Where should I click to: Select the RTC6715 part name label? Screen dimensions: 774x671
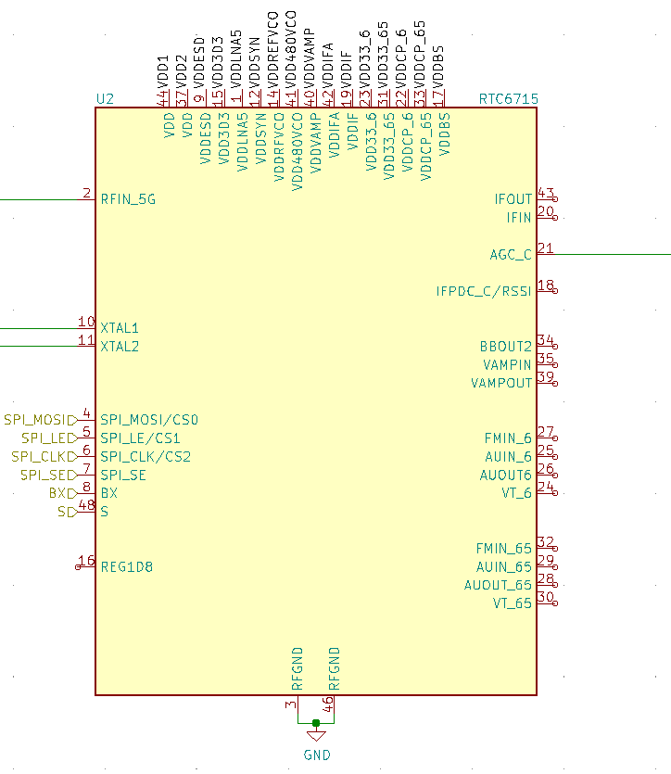(508, 98)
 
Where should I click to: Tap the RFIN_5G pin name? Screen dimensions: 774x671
(129, 198)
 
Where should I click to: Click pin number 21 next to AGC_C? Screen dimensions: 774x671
(545, 248)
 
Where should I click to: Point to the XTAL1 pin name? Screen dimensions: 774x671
(120, 328)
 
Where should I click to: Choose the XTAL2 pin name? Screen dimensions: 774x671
(120, 347)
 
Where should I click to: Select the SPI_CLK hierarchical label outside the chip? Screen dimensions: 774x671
(40, 456)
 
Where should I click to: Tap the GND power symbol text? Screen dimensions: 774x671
(317, 755)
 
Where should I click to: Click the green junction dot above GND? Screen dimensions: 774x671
(316, 722)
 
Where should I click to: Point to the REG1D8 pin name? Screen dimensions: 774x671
(126, 566)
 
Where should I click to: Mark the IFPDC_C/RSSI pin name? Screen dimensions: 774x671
(484, 291)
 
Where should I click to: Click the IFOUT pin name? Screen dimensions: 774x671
(513, 199)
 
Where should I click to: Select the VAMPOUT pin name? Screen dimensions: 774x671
(501, 383)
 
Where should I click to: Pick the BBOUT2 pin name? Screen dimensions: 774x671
(506, 347)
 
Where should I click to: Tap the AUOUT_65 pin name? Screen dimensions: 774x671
(498, 585)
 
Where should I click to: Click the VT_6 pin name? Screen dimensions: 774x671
(517, 493)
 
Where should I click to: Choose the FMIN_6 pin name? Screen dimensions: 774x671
(508, 438)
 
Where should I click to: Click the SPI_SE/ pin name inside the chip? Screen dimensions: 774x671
(125, 475)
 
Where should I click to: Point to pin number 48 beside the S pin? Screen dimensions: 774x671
(85, 505)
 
